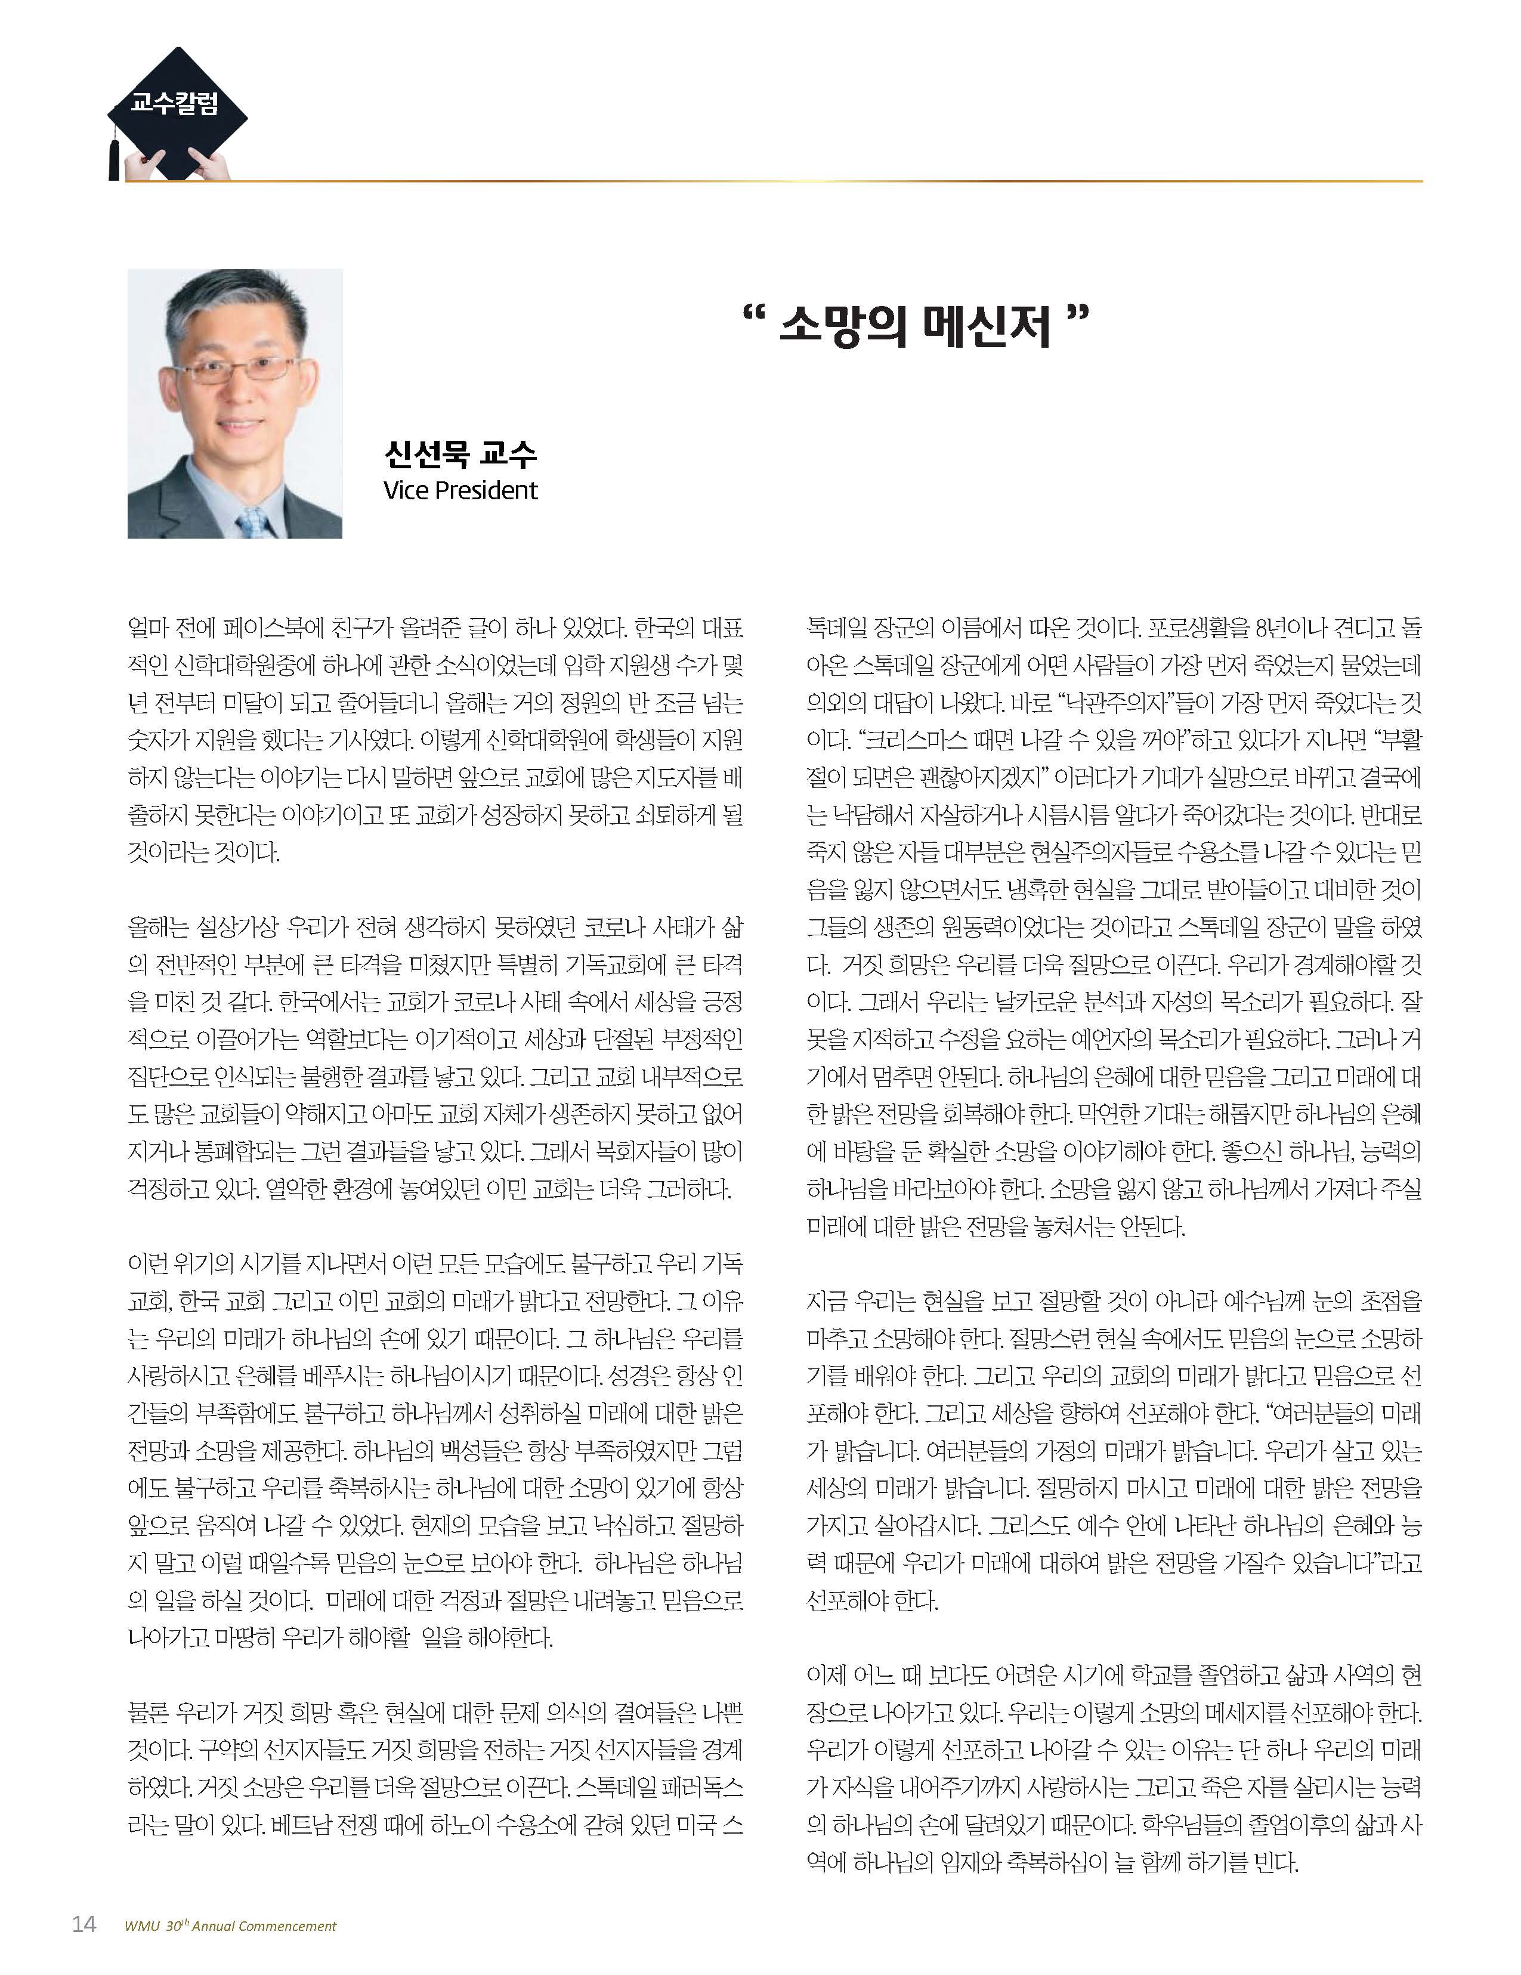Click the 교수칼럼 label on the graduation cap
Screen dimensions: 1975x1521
tap(175, 103)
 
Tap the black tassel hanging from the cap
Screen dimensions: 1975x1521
tap(114, 156)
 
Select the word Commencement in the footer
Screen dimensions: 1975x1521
tap(293, 1926)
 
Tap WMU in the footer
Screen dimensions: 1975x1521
tap(142, 1926)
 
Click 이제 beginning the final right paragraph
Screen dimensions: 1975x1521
tap(827, 1676)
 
